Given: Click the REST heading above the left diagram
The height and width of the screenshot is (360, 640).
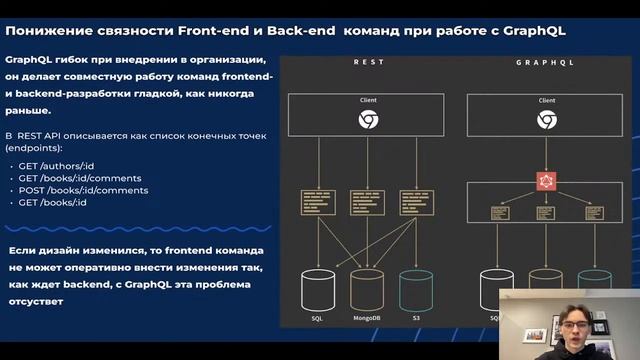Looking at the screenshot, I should click(x=368, y=62).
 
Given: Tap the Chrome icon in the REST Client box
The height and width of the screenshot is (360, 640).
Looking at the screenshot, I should click(x=368, y=120).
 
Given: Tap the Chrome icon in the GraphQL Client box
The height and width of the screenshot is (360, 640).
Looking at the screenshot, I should click(x=547, y=120).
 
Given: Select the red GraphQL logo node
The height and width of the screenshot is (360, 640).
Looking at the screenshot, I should click(x=546, y=179).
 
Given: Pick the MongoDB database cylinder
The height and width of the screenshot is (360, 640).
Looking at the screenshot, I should click(x=368, y=289).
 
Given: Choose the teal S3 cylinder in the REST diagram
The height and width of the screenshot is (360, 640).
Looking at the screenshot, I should click(x=416, y=289).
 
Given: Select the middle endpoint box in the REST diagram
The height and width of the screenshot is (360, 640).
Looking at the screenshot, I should click(x=368, y=202).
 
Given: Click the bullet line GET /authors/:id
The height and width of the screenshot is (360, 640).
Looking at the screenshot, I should click(x=58, y=166).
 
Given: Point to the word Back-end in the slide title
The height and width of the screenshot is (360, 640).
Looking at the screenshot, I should click(x=301, y=31).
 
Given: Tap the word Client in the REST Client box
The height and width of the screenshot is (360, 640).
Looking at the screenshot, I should click(x=368, y=100).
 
